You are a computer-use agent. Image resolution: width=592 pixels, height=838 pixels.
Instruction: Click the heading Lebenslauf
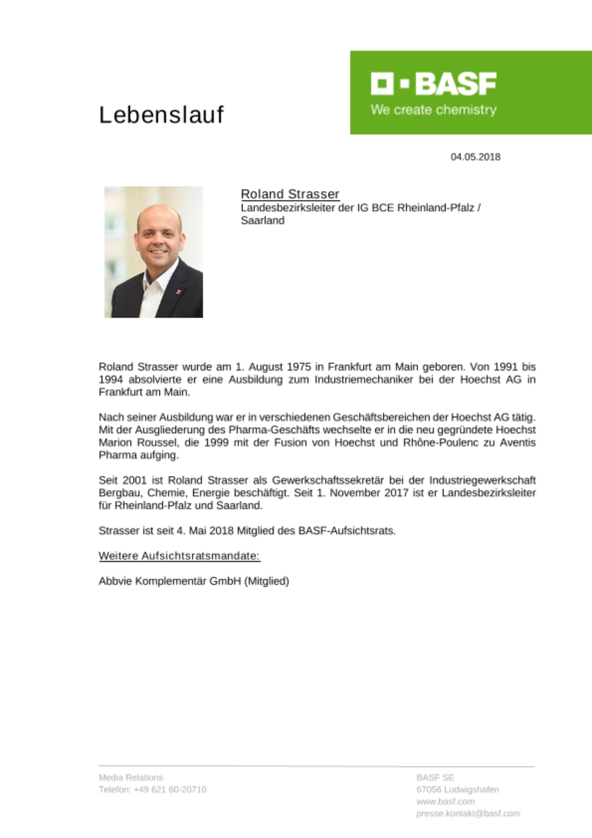point(161,115)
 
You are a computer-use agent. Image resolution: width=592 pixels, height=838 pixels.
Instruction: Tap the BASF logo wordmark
point(433,83)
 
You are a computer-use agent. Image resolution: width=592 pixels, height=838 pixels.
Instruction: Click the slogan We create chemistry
point(433,110)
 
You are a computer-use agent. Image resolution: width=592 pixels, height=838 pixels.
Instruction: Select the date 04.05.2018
point(475,157)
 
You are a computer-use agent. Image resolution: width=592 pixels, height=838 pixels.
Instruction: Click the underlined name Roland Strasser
point(290,194)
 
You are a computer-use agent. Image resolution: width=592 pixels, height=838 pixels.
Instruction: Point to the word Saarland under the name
point(263,220)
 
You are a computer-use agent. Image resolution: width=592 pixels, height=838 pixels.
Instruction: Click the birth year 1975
point(299,367)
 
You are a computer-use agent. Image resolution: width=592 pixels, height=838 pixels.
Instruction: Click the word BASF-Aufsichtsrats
point(347,531)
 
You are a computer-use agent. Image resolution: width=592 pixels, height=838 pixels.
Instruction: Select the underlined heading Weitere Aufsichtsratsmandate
point(179,556)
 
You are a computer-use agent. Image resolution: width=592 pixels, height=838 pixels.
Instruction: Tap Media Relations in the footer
point(131,778)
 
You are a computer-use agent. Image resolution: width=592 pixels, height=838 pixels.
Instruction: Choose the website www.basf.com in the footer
point(445,802)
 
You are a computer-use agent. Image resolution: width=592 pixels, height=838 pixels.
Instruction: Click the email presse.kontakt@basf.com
point(468,813)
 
